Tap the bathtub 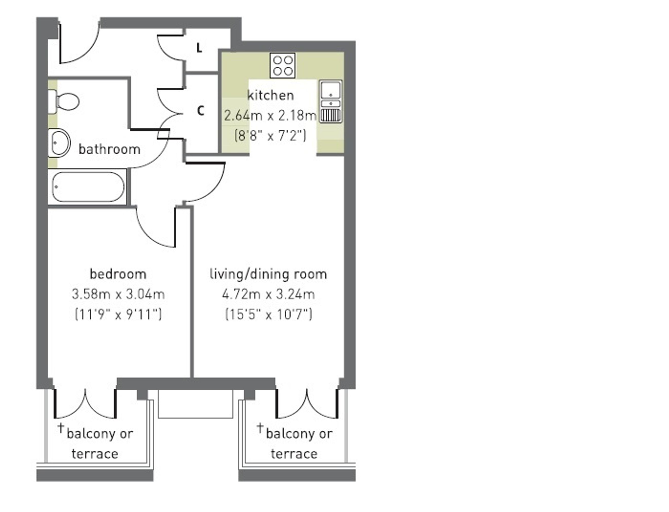tap(88, 187)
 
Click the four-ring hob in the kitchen tap(283, 65)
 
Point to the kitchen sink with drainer tap(331, 102)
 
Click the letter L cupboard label tap(199, 48)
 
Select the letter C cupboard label tap(200, 111)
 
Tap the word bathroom tap(109, 149)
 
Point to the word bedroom tap(118, 274)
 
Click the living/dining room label tap(268, 274)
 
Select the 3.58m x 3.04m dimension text tap(118, 294)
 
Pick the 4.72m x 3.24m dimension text tap(268, 294)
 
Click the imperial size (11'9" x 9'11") tap(118, 314)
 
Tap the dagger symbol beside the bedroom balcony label tap(61, 428)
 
